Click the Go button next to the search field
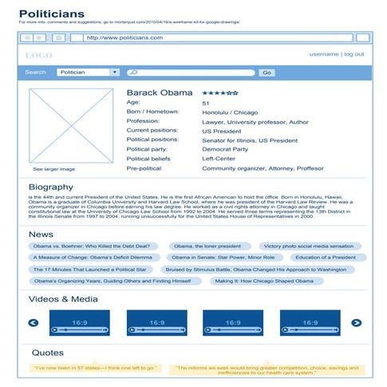click(267, 73)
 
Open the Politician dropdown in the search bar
click(89, 73)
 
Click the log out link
click(353, 54)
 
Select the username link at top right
click(323, 54)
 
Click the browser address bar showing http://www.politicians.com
click(215, 38)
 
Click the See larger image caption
click(53, 169)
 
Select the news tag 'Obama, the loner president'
click(207, 247)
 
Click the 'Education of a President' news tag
click(325, 258)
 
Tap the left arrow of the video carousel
click(34, 323)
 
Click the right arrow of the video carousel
click(357, 323)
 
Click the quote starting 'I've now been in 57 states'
click(95, 368)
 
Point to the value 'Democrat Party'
click(225, 149)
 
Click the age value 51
click(206, 104)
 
